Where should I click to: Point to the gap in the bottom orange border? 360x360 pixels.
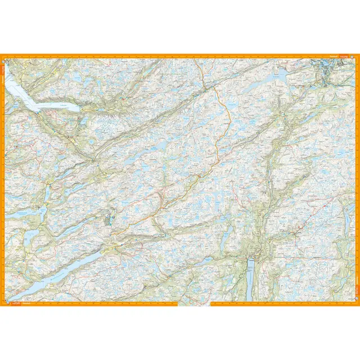pyautogui.click(x=195, y=304)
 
